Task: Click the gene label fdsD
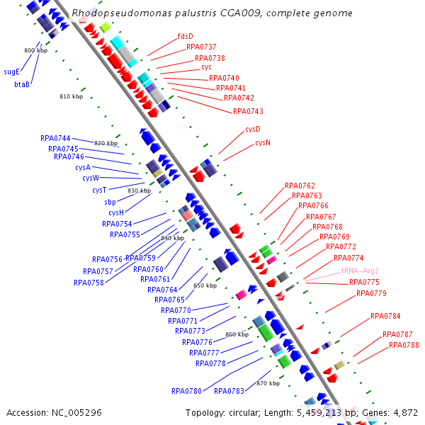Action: point(185,36)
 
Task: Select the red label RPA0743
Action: point(248,111)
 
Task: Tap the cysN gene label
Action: point(263,143)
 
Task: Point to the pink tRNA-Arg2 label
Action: point(360,271)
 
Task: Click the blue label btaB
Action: point(22,84)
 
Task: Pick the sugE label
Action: point(11,72)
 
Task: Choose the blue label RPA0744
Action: point(55,138)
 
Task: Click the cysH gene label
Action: point(116,212)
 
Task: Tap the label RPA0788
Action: point(404,346)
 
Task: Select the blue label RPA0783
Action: point(229,391)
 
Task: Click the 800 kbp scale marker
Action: point(36,50)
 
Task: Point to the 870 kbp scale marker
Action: point(268,383)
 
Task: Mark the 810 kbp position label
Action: point(72,96)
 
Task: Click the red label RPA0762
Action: point(300,186)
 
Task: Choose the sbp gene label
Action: point(110,202)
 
